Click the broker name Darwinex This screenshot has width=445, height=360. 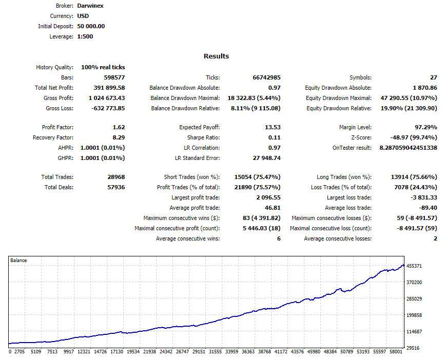coord(90,6)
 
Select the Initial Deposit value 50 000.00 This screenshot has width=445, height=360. coord(91,26)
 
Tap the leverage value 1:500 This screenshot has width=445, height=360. coord(85,36)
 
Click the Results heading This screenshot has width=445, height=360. coord(216,56)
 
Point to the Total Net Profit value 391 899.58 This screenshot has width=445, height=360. coord(109,88)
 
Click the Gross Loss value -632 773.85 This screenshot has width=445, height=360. coord(108,108)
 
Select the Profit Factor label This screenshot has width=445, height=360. coord(57,127)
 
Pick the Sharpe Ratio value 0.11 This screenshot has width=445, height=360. coord(275,137)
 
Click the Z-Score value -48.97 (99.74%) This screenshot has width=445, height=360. coord(414,137)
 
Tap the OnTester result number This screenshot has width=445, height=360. coord(409,148)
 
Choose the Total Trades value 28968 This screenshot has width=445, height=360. coord(116,177)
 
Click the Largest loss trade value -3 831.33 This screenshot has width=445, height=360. coord(424,197)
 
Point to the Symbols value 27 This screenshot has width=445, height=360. coord(434,77)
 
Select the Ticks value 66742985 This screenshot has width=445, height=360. coord(266,77)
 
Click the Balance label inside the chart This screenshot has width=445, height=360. coord(18,260)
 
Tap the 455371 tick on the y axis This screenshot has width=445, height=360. coord(414,266)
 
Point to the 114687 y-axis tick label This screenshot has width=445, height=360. coord(414,331)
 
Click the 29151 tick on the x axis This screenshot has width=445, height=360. coord(199,351)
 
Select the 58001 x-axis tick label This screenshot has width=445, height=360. coord(396,351)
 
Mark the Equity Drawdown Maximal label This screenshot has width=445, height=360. coord(339,98)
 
